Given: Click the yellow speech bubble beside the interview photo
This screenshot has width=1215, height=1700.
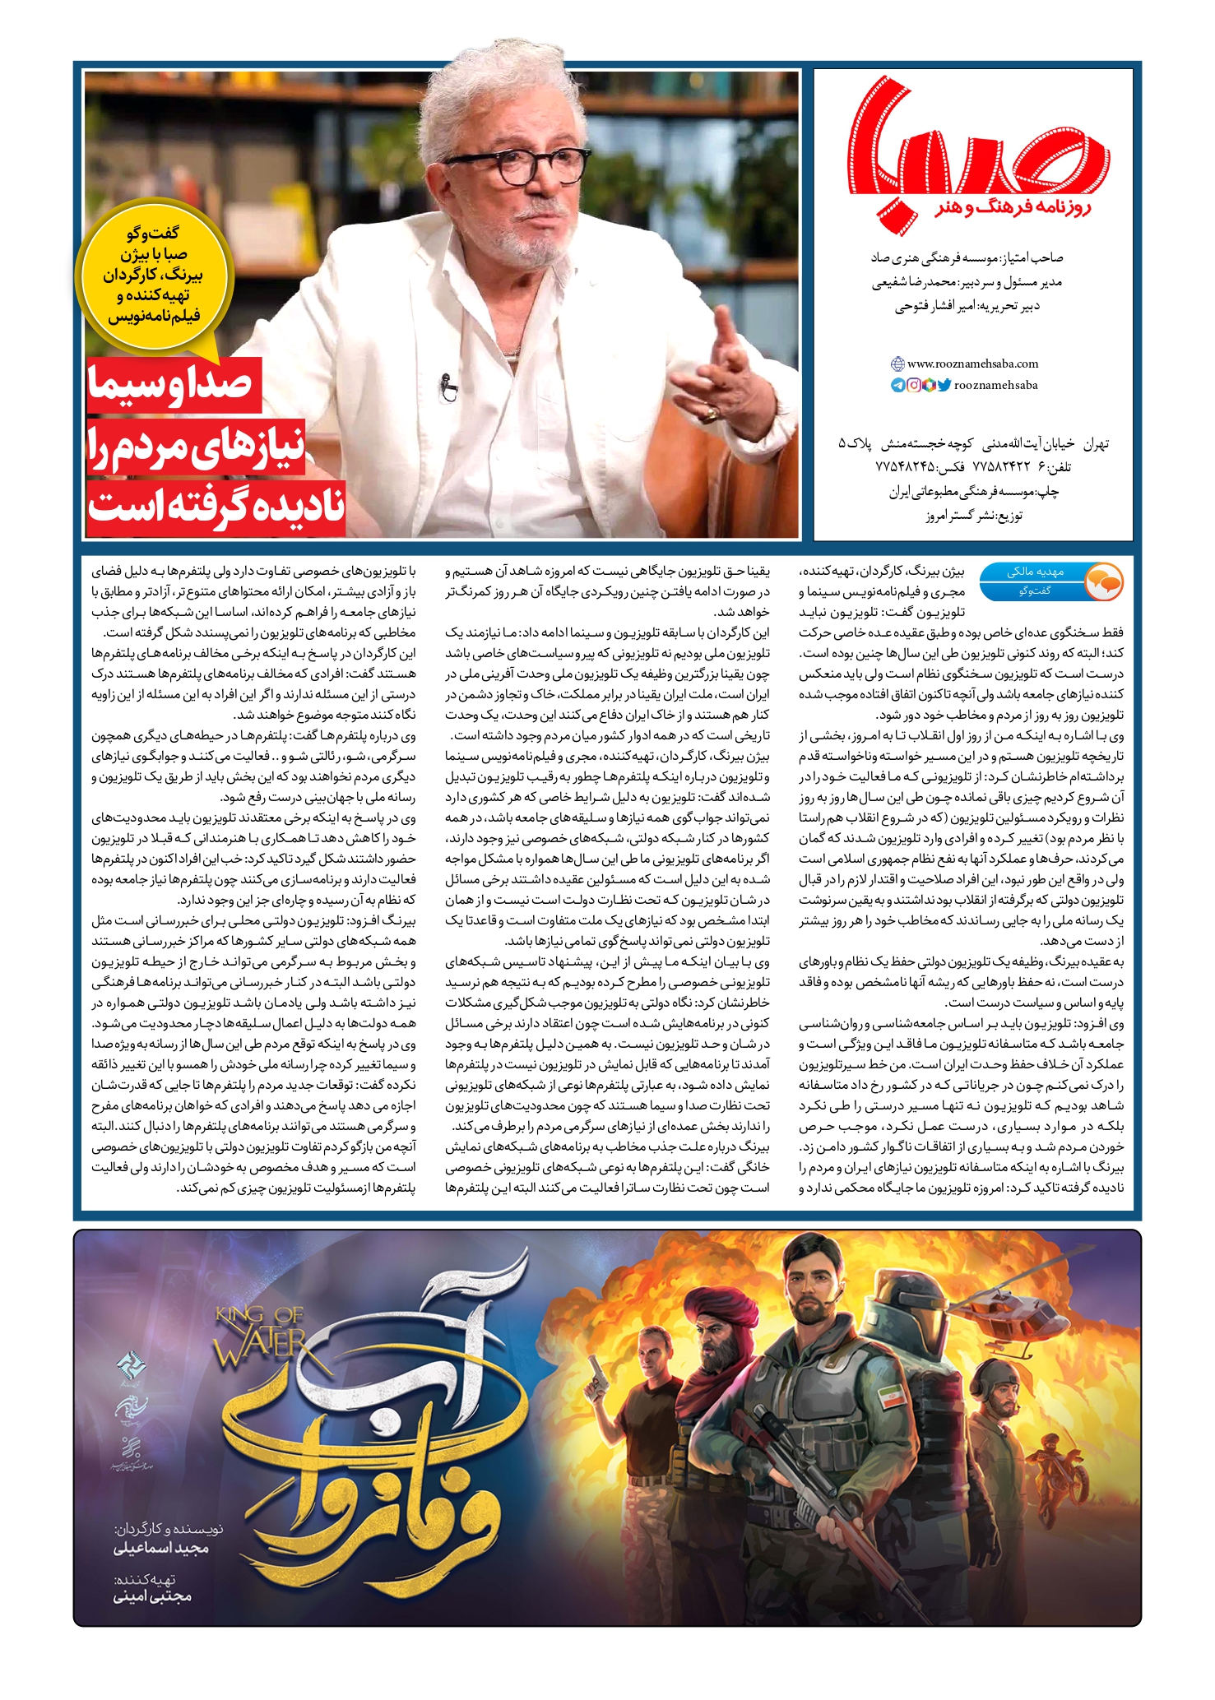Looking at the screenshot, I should click(x=154, y=276).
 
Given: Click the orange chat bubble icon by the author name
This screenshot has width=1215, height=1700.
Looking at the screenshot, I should click(x=1103, y=581).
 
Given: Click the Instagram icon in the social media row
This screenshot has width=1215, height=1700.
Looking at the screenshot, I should click(x=914, y=385).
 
